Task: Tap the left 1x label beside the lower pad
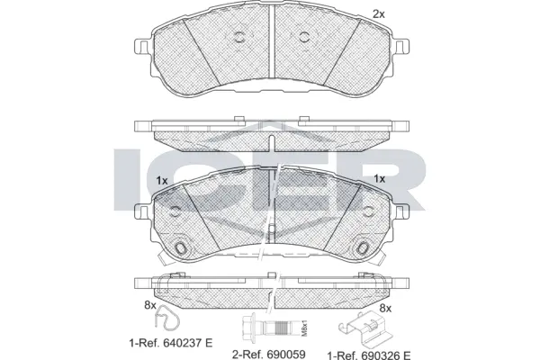162,180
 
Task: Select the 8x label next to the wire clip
150,306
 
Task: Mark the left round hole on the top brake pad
240,38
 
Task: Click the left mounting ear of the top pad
139,48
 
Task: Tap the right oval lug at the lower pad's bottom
363,247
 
